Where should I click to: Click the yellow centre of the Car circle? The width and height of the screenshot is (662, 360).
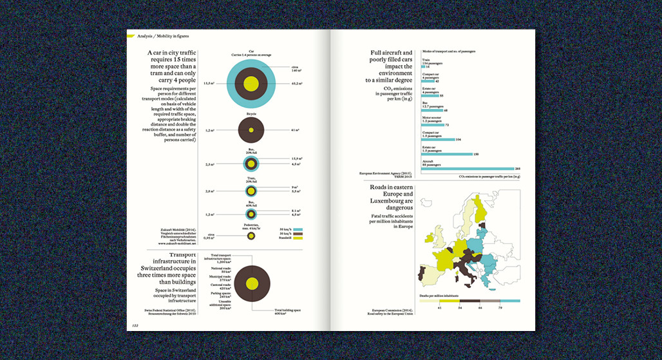[x=252, y=84]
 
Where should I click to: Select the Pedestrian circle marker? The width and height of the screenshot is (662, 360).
[x=251, y=236]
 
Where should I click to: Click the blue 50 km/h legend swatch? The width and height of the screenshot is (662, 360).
[x=298, y=229]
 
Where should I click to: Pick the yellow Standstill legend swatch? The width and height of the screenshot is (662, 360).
[x=298, y=238]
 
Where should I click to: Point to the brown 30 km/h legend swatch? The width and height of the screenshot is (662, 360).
[x=298, y=234]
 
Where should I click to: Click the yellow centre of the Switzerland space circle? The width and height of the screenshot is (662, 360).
[x=252, y=283]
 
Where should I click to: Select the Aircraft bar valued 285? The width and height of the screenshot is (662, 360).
[x=468, y=169]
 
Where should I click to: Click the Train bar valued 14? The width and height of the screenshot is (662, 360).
[x=424, y=67]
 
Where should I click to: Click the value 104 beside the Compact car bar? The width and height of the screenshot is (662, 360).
[x=459, y=139]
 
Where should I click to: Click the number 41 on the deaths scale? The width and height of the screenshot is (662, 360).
[x=439, y=308]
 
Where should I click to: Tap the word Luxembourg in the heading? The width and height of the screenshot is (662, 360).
[x=390, y=201]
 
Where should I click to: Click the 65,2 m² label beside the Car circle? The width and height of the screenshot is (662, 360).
[x=297, y=84]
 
